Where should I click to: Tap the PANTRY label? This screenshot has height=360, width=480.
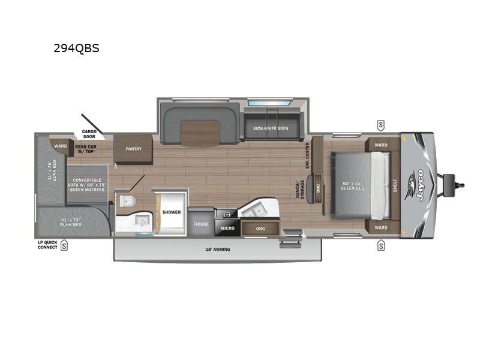click(134, 148)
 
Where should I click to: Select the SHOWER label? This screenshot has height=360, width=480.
click(171, 212)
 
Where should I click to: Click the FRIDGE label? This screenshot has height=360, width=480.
click(200, 224)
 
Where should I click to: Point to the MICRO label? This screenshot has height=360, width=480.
click(227, 228)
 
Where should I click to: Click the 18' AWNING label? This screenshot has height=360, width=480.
click(218, 248)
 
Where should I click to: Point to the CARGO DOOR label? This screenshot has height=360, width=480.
click(89, 134)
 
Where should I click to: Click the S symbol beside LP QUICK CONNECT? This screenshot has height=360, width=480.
click(64, 245)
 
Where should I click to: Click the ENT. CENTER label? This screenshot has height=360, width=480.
click(308, 155)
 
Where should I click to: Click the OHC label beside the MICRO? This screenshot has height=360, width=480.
click(260, 228)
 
